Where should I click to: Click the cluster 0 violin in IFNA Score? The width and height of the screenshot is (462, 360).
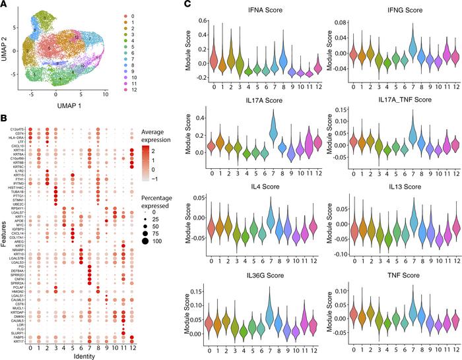point(215,61)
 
